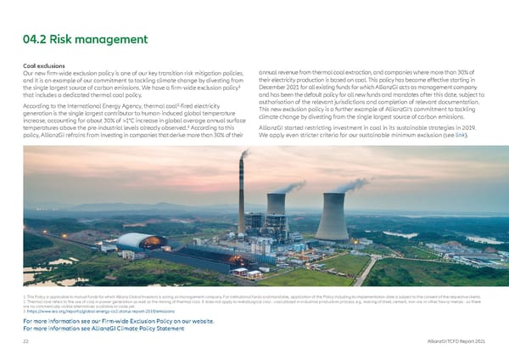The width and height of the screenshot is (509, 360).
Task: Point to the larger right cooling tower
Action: [331, 217]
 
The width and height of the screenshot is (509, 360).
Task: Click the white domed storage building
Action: [136, 241]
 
